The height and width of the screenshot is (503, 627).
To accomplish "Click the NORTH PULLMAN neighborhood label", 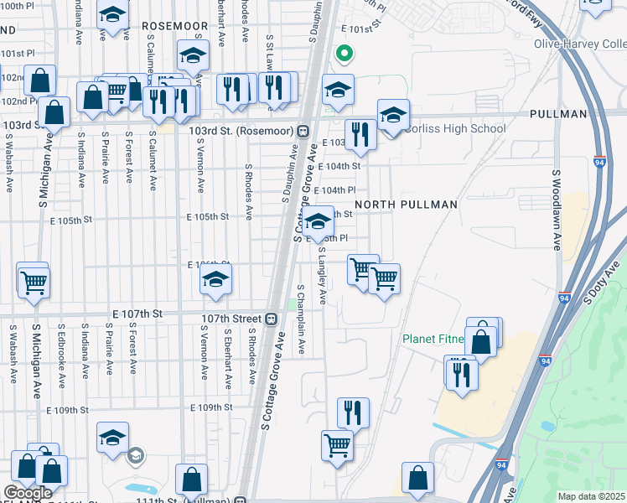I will (x=406, y=205).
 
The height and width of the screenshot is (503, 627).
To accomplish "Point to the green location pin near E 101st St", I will (x=343, y=54).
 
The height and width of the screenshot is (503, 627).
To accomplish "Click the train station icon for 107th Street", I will (x=271, y=319).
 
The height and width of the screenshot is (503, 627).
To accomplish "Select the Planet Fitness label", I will (x=433, y=339).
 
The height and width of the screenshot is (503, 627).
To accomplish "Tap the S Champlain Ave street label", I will (x=301, y=319).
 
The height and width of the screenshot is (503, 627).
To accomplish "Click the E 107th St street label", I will (x=136, y=313).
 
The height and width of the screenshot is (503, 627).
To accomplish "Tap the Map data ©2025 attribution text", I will (x=590, y=496).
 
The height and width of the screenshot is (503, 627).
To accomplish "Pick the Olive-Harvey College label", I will (x=580, y=44).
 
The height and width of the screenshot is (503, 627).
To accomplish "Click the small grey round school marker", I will (x=135, y=455).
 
